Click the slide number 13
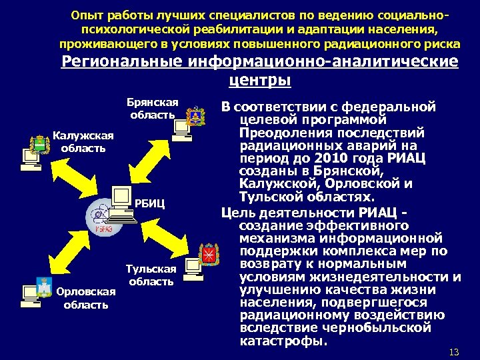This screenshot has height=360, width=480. pos(455,351)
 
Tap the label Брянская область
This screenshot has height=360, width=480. pos(153,108)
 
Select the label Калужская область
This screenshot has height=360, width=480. pos(83,141)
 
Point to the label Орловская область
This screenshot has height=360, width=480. pos(86,298)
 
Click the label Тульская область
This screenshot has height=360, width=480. pos(152,275)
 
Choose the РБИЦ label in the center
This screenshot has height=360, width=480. pos(149,203)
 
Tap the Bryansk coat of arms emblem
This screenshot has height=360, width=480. pos(195,115)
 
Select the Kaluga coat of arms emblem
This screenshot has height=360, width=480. pos(39,144)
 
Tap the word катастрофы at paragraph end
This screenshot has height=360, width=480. pos(283,341)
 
